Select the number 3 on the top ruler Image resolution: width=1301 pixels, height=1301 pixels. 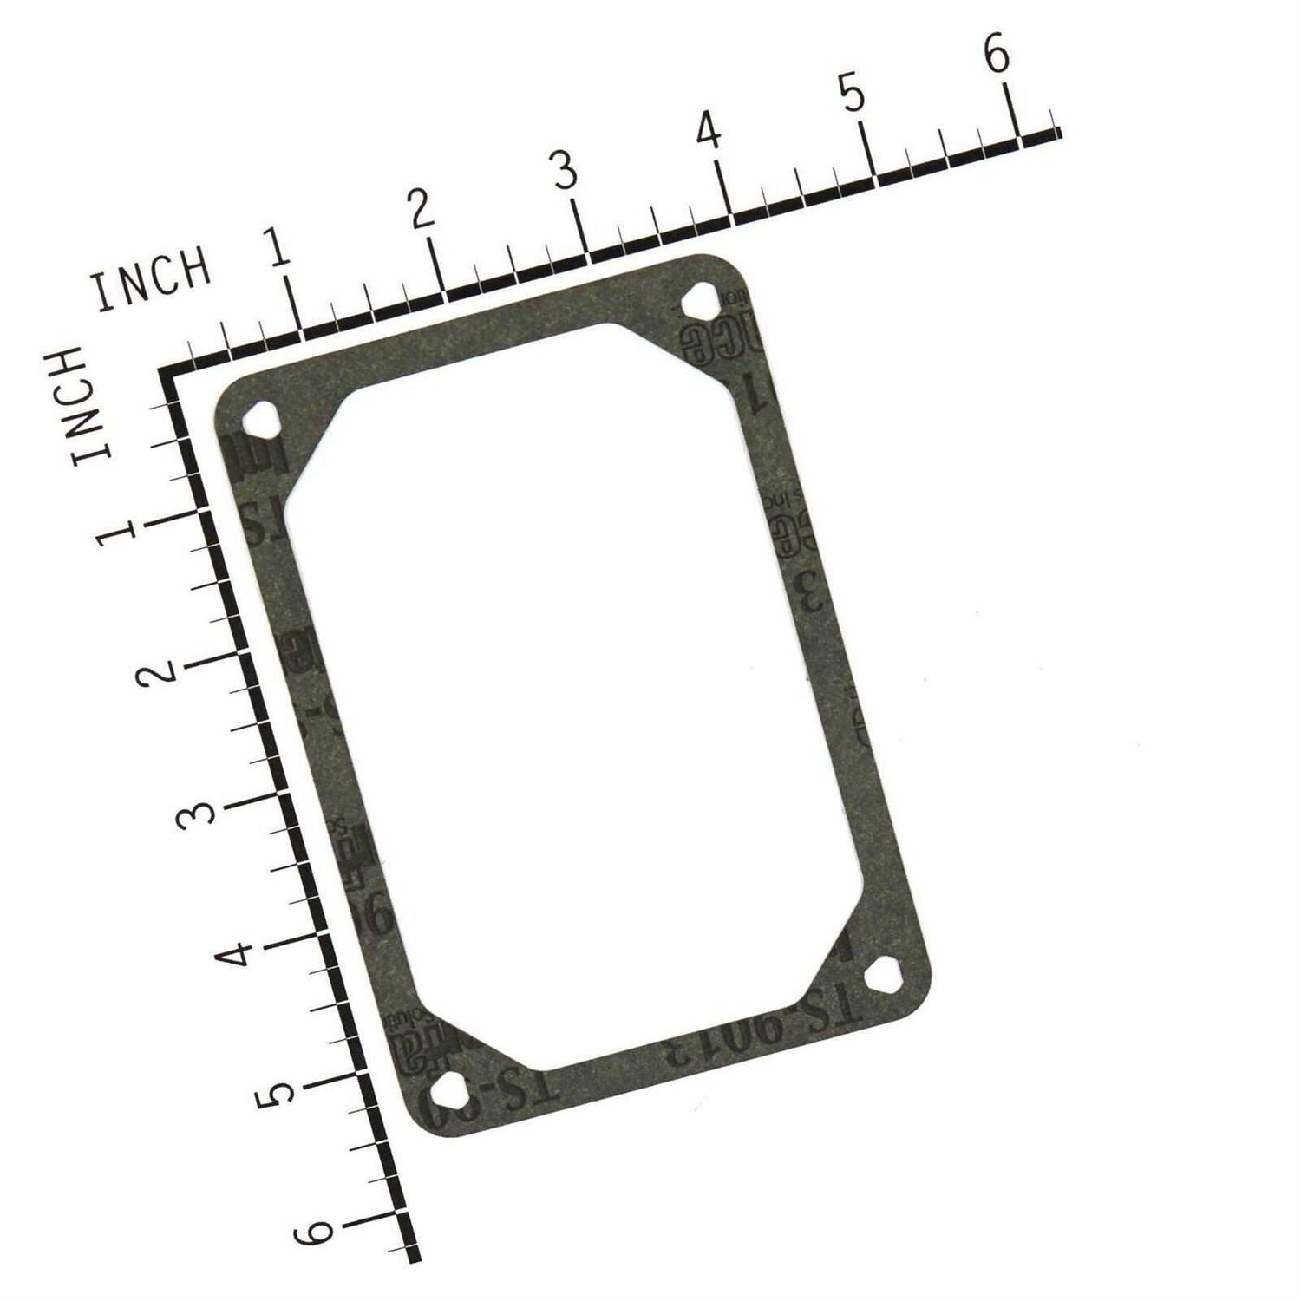[565, 170]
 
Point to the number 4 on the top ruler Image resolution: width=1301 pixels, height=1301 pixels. [709, 131]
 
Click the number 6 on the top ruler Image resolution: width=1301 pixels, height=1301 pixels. [997, 54]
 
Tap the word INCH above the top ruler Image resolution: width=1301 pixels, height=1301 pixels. [153, 279]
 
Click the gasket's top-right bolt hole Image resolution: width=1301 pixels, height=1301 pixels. [699, 302]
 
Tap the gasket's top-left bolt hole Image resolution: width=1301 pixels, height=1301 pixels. [259, 422]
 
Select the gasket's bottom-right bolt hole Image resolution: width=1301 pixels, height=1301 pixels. [883, 977]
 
